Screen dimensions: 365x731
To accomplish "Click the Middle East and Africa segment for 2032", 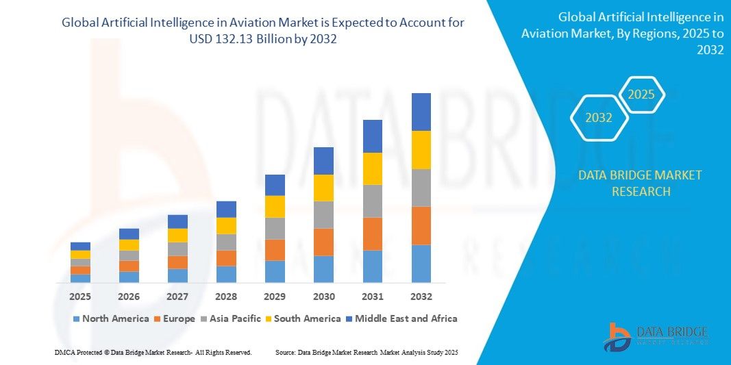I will pyautogui.click(x=421, y=112).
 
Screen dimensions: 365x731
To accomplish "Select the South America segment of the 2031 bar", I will pyautogui.click(x=372, y=168).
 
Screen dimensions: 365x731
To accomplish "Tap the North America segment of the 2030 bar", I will pyautogui.click(x=323, y=269).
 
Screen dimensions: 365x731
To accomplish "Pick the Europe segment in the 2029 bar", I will pyautogui.click(x=275, y=250).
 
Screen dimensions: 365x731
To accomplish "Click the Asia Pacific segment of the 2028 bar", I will pyautogui.click(x=226, y=242).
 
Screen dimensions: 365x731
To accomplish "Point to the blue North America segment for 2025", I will pyautogui.click(x=80, y=278).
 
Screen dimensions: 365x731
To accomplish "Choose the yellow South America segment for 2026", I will pyautogui.click(x=129, y=244).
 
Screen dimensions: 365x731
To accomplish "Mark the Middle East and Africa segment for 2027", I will pyautogui.click(x=177, y=221).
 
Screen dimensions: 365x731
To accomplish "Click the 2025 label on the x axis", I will pyautogui.click(x=80, y=297).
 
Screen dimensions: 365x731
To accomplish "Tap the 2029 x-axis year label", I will pyautogui.click(x=275, y=297).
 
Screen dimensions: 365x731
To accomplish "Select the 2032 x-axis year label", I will pyautogui.click(x=421, y=297).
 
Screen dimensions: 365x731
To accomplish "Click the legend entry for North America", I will pyautogui.click(x=110, y=318).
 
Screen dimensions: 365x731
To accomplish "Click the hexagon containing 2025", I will pyautogui.click(x=641, y=95).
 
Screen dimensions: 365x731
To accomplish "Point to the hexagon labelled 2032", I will pyautogui.click(x=599, y=118).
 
